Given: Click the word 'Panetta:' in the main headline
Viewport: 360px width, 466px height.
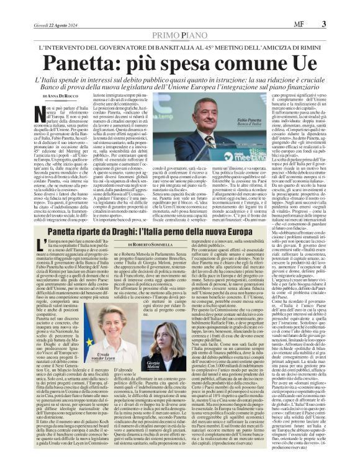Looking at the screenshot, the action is tap(97, 63).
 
